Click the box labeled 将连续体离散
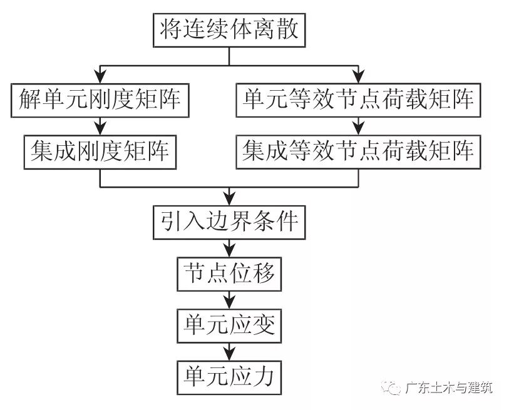coord(229,30)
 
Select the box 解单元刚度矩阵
coord(100,99)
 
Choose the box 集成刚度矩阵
coord(100,151)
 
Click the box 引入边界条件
coord(229,222)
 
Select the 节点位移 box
coord(229,274)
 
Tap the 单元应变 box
coord(229,325)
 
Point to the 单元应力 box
coord(229,376)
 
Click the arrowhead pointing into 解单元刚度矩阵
coord(100,77)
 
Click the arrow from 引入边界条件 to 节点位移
coord(229,248)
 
